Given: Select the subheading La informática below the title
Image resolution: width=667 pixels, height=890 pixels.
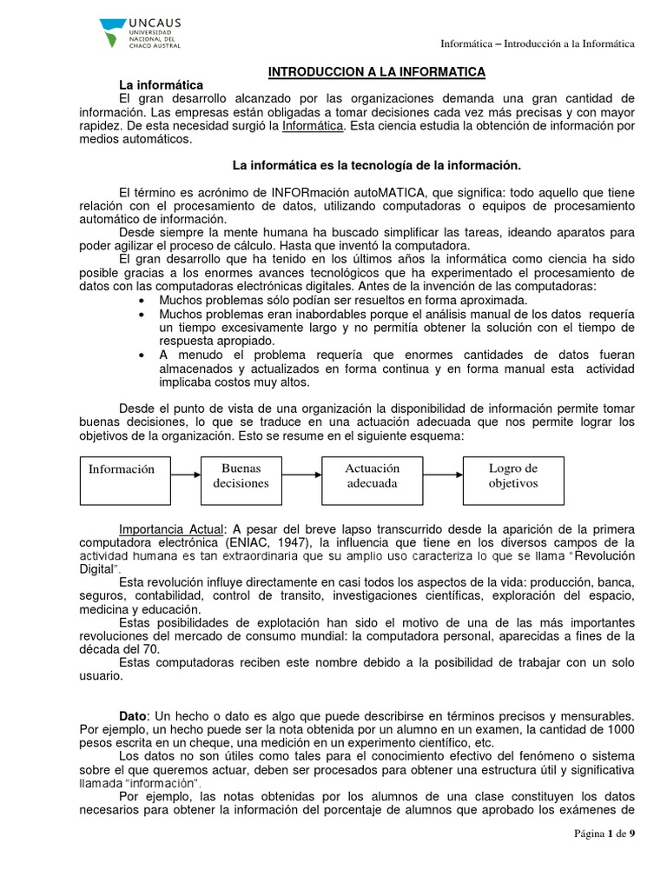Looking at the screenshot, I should pos(161,84).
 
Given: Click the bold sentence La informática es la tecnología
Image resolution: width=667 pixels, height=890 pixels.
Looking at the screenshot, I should pos(375,164).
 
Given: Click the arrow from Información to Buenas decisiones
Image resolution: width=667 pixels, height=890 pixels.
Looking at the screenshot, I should pos(184,475).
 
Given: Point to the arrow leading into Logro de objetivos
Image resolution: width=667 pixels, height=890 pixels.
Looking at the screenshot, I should pos(443,475).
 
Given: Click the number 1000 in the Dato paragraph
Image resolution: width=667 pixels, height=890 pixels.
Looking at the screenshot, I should pos(620,729).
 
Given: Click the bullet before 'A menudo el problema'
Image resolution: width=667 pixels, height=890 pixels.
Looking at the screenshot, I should pos(142,355).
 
